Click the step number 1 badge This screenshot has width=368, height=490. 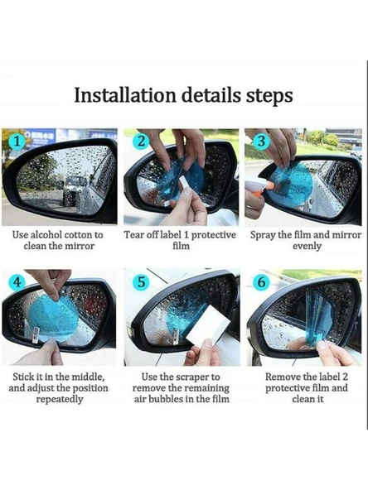pyautogui.click(x=17, y=142)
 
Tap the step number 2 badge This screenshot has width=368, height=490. pyautogui.click(x=141, y=142)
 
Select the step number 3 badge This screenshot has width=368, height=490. pyautogui.click(x=261, y=141)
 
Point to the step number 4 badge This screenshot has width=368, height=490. pyautogui.click(x=17, y=282)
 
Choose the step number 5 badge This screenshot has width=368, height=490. pyautogui.click(x=142, y=282)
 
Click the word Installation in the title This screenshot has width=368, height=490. pyautogui.click(x=125, y=95)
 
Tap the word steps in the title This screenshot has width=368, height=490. pyautogui.click(x=269, y=96)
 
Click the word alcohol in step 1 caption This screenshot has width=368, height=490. pyautogui.click(x=46, y=235)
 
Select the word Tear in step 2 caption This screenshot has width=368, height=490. pyautogui.click(x=131, y=235)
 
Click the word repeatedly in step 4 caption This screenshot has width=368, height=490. pyautogui.click(x=60, y=400)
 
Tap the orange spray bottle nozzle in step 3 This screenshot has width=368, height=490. pyautogui.click(x=271, y=186)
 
